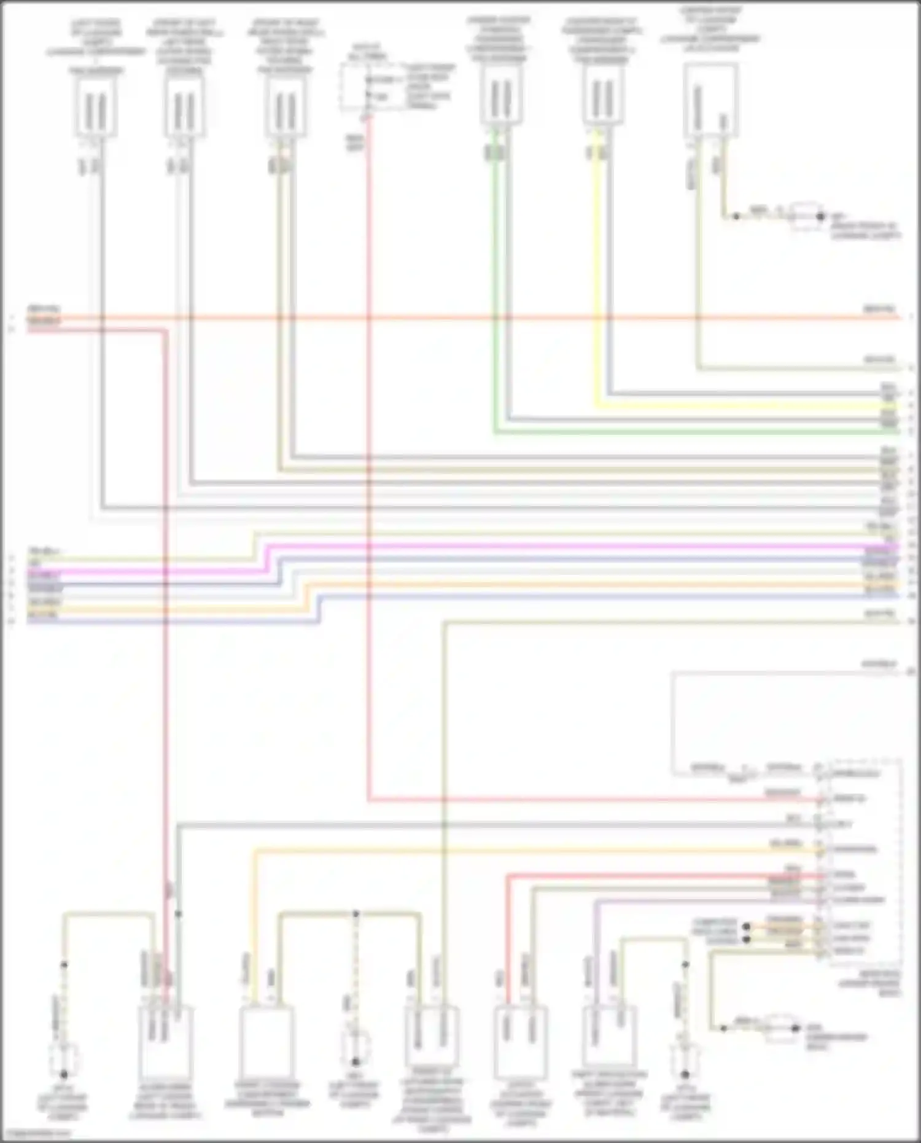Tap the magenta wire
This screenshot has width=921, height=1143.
553,546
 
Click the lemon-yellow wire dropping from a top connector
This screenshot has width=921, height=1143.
595,276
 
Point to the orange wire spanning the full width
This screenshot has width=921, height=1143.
460,318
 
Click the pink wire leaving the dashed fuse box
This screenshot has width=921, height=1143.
368,430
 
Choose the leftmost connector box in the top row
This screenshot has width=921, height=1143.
96,107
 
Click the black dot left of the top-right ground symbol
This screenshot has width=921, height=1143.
736,216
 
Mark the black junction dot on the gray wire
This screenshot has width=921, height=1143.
178,914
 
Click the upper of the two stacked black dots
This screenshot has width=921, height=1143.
747,926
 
